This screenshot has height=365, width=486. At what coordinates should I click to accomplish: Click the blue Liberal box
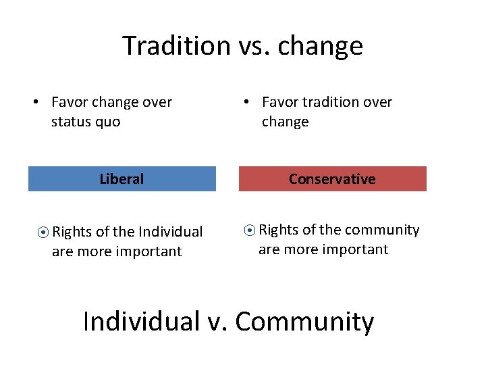pos(122,179)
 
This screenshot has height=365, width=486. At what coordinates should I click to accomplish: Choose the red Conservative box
pos(332,179)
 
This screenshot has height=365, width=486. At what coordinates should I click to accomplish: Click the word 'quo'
pos(109,123)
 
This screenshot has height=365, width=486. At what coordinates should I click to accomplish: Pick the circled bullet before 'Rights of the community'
pos(249,230)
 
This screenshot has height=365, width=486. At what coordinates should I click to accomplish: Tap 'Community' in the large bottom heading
pos(304,322)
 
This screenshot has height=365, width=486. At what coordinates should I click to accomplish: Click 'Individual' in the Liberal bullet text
pos(169,232)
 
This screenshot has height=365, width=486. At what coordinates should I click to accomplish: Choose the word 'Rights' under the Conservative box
pos(279,230)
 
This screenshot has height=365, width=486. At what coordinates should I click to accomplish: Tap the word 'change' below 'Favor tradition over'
pos(285,122)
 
